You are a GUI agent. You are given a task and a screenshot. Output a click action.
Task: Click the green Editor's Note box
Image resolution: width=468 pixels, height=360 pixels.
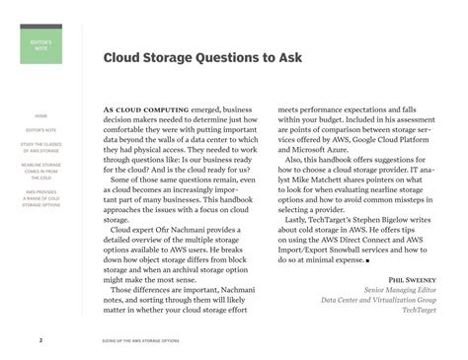(x=40, y=45)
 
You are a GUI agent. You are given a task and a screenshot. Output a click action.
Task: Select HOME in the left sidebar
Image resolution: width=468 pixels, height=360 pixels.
(x=40, y=116)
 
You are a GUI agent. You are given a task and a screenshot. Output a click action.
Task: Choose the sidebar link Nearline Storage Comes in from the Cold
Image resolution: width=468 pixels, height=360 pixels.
(x=40, y=172)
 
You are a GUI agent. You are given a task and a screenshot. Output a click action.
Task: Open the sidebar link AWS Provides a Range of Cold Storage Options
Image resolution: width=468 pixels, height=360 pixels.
(x=40, y=197)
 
